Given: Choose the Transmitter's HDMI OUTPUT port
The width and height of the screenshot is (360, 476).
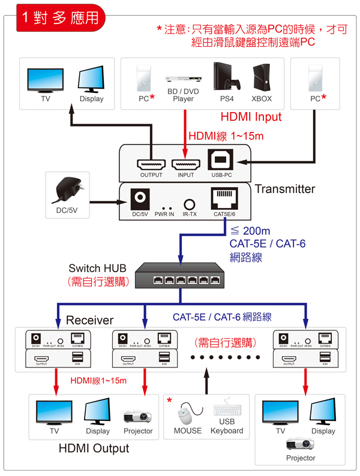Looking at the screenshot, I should tap(151, 163).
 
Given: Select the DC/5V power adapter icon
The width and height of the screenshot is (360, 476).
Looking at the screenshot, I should tap(68, 190).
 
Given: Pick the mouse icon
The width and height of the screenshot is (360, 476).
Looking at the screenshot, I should tap(186, 413).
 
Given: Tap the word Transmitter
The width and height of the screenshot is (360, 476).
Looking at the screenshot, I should tap(284, 189).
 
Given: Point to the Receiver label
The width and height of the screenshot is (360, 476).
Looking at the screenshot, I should tap(89, 320).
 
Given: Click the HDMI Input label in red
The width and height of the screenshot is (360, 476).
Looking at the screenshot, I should tap(251, 116).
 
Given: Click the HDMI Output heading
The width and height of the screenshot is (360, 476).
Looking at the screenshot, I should tap(93, 448).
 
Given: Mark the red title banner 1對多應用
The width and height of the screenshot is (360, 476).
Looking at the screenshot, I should tap(58, 17).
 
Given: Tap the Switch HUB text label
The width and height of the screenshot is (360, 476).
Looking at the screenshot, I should tap(97, 268).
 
